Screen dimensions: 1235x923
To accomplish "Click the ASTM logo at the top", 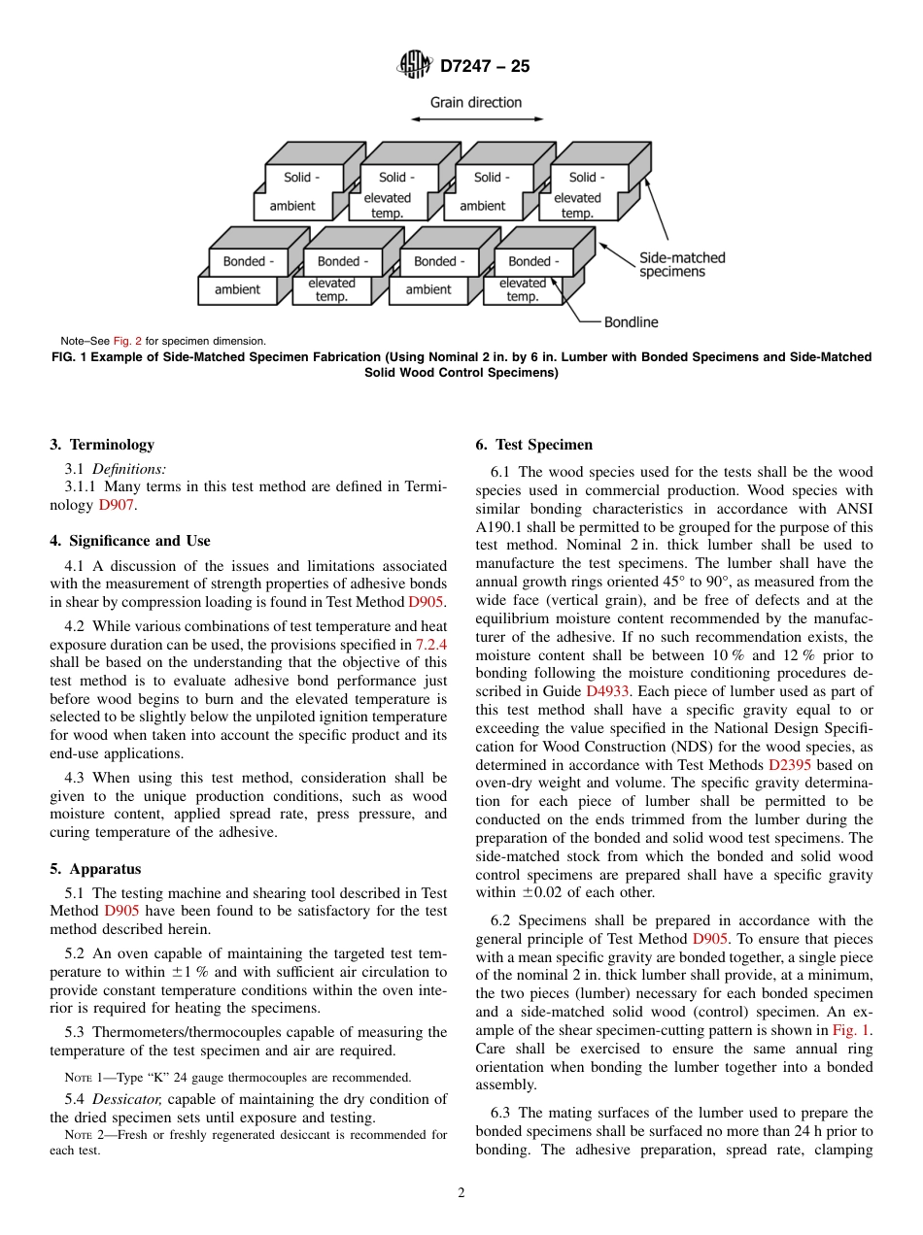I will [416, 66].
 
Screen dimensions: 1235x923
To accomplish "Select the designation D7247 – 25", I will [485, 67].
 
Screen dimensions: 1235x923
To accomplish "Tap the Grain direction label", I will [476, 102].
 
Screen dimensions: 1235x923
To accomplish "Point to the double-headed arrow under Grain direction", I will [476, 119].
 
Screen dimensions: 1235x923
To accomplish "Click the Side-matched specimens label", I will [681, 265].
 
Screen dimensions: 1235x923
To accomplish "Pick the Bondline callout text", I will [631, 321].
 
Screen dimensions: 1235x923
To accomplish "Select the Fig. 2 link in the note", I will [127, 342].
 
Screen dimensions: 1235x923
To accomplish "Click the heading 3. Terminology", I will [102, 445].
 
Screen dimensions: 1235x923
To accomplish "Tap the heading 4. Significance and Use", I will [130, 541].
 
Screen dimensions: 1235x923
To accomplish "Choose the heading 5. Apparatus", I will [95, 869].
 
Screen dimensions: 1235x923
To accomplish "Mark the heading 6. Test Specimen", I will [533, 445].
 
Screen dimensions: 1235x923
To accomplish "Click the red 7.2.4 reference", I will [430, 645].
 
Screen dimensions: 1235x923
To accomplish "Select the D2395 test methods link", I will [789, 765].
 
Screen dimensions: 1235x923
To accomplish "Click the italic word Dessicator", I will [131, 1099].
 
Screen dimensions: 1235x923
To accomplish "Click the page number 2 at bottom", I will [461, 1193].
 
